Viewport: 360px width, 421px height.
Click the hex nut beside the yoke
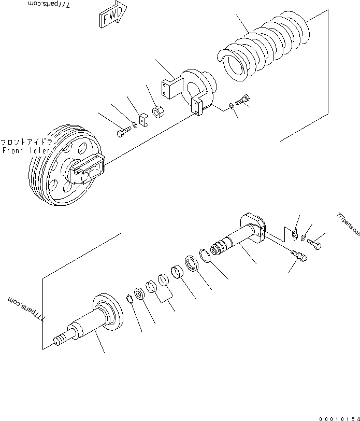(x=160, y=111)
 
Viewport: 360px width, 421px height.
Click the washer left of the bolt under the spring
(x=231, y=106)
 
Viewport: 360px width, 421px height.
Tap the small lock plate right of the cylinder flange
(x=293, y=234)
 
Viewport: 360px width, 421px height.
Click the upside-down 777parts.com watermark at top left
(x=50, y=5)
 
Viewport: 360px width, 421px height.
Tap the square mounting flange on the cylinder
(x=255, y=227)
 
